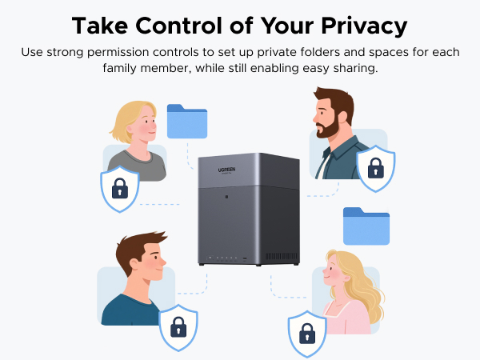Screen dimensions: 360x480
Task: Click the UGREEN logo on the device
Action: click(x=210, y=170)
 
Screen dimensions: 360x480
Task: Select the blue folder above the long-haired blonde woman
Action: click(x=366, y=226)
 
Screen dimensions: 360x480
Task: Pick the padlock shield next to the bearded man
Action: click(x=375, y=168)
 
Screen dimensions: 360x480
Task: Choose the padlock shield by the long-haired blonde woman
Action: click(x=307, y=332)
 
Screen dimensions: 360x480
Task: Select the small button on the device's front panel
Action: click(x=226, y=197)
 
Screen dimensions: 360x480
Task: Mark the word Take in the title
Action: click(x=98, y=26)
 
